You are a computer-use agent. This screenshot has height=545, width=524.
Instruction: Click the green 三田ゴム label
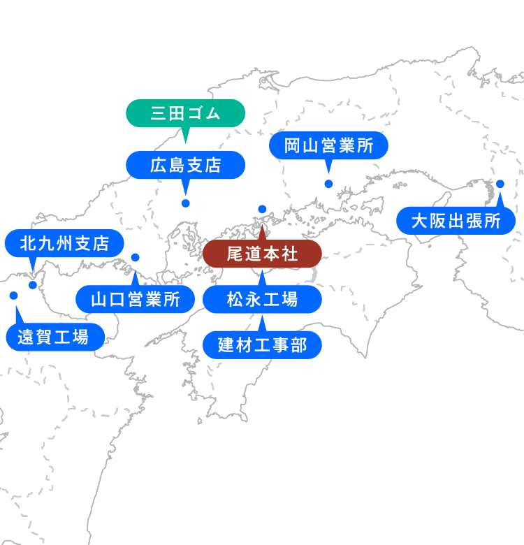(185, 113)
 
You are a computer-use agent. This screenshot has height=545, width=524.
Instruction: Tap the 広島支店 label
(185, 165)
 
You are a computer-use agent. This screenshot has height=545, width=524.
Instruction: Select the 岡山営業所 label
(328, 147)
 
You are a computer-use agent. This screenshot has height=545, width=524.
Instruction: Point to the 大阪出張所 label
(456, 221)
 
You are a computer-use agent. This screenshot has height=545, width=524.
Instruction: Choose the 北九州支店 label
(64, 243)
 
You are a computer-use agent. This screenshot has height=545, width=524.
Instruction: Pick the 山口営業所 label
(136, 300)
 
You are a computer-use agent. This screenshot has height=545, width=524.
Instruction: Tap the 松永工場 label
(262, 300)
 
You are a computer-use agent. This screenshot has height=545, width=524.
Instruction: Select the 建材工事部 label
(262, 345)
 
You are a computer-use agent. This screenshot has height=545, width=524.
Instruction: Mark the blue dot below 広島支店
(185, 203)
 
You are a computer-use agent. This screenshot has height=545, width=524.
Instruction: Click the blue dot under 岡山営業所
(328, 184)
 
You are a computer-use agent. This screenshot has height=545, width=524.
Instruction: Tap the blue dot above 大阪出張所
(500, 184)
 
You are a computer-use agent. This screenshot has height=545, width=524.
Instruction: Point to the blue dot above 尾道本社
(262, 209)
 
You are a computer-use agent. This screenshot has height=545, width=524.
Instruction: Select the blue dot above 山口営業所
(136, 257)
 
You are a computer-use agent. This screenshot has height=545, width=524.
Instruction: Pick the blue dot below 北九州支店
(33, 284)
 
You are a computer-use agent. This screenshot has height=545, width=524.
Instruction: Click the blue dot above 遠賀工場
(13, 296)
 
